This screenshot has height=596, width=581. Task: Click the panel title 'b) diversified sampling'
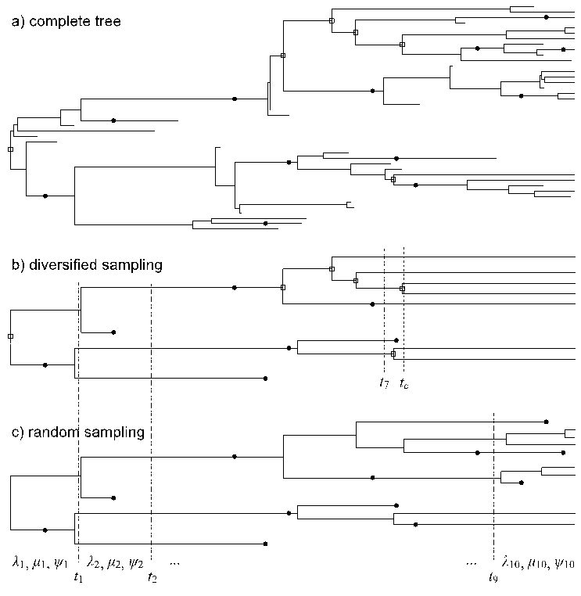pyautogui.click(x=87, y=264)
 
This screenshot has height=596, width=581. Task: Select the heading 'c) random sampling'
pyautogui.click(x=77, y=432)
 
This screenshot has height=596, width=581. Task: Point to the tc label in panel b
pyautogui.click(x=403, y=383)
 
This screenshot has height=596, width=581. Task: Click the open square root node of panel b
pyautogui.click(x=10, y=336)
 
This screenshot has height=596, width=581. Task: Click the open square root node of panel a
pyautogui.click(x=10, y=149)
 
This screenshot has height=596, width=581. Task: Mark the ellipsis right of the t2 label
pyautogui.click(x=174, y=562)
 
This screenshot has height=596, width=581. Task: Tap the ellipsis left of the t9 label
pyautogui.click(x=471, y=562)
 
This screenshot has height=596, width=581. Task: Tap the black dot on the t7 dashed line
pyautogui.click(x=396, y=340)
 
